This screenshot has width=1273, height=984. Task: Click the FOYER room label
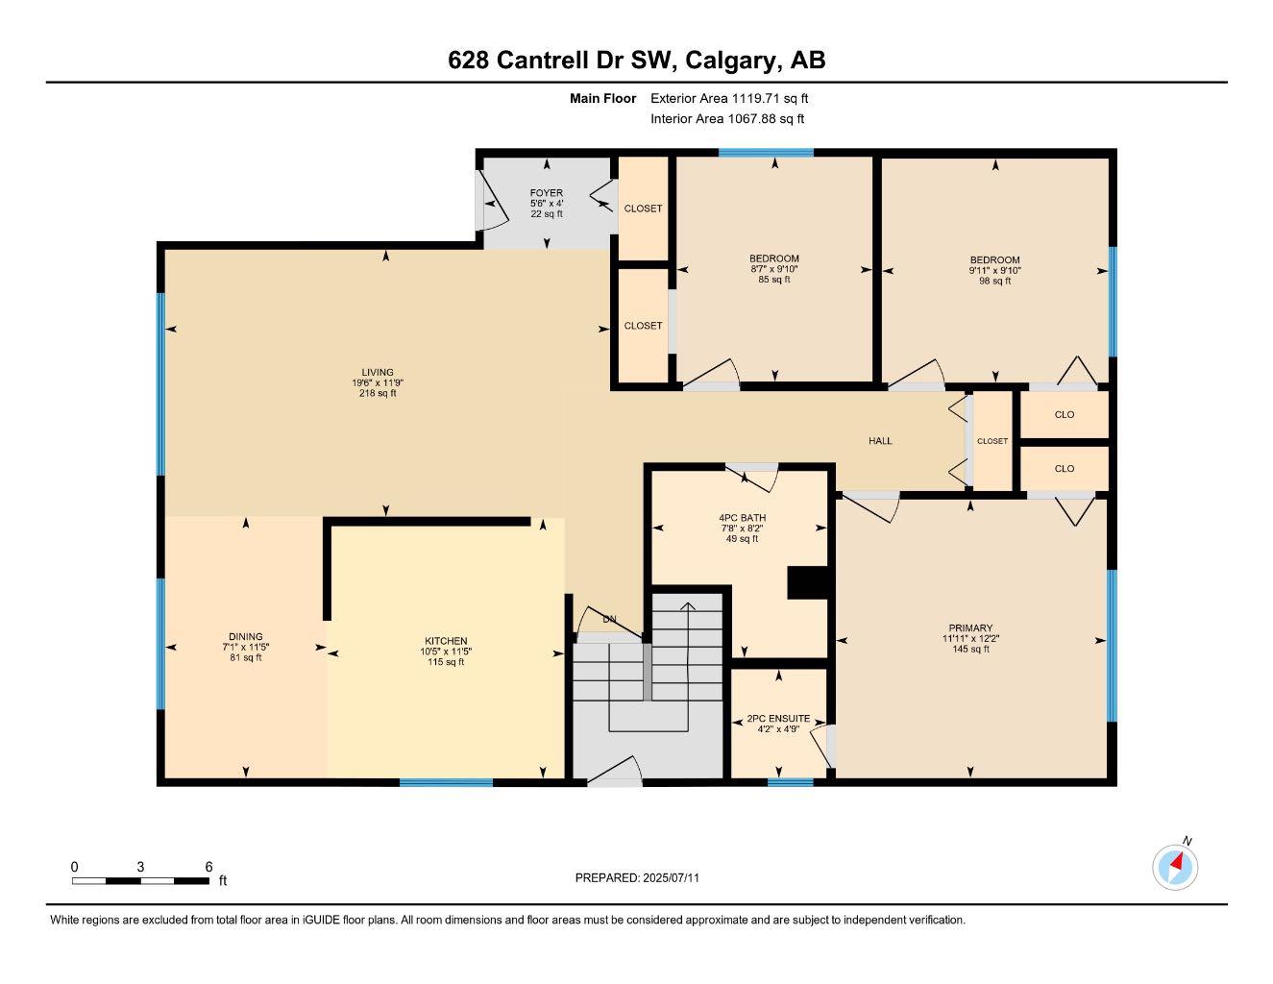point(547,193)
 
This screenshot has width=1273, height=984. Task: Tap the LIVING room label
point(378,373)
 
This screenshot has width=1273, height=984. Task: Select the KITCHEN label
point(446,641)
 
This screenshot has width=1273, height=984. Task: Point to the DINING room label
point(245,636)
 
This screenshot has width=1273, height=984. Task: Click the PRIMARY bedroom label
point(970,628)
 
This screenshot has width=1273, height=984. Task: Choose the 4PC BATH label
point(742,518)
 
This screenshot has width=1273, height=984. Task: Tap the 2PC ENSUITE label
point(778,718)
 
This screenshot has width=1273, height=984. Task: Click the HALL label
point(880,441)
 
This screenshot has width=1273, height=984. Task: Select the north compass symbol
point(1175,867)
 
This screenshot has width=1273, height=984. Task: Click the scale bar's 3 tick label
point(140,866)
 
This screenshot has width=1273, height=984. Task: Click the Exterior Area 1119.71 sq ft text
point(729,98)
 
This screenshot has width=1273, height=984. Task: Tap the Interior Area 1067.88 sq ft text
point(727,119)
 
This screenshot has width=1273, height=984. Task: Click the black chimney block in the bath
point(807,583)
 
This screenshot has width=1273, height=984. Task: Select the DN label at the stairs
point(609,619)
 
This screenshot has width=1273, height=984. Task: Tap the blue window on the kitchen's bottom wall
point(446,782)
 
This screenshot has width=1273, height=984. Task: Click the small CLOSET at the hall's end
point(992,441)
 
